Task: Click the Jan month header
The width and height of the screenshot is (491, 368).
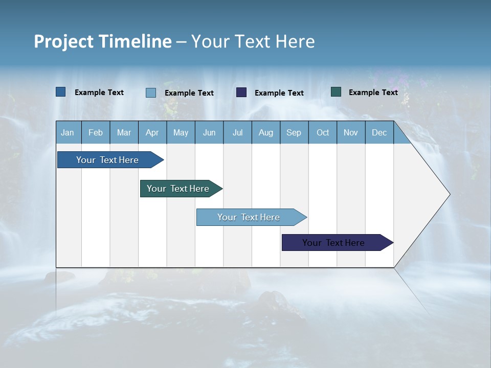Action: (x=68, y=132)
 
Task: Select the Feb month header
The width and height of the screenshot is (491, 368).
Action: (x=96, y=132)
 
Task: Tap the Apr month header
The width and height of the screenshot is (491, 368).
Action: (x=152, y=132)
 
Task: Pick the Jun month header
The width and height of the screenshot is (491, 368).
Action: (x=209, y=132)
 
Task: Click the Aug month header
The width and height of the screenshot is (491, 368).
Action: (x=266, y=132)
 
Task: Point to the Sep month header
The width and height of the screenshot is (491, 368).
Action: (x=294, y=132)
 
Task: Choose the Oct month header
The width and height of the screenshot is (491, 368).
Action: (x=323, y=132)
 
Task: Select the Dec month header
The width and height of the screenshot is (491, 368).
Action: (x=380, y=132)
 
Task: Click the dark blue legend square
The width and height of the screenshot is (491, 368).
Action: (x=61, y=92)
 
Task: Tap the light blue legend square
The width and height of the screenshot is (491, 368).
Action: (x=151, y=93)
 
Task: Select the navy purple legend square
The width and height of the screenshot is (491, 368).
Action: (x=241, y=93)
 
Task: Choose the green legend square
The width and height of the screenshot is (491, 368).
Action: (x=336, y=92)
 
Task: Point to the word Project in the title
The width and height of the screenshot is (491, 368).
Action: (x=64, y=41)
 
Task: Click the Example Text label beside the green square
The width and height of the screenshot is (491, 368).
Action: (x=373, y=93)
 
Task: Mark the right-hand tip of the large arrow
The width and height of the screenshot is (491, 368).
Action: (x=449, y=194)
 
